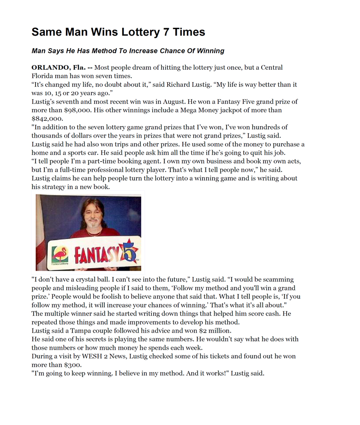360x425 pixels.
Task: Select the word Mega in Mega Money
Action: click(199, 110)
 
